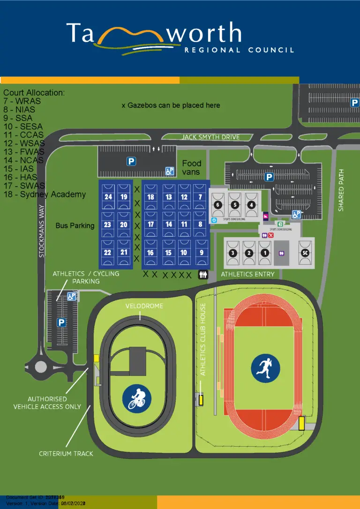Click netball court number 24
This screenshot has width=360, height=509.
(x=108, y=197)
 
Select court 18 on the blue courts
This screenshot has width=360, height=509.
(x=150, y=197)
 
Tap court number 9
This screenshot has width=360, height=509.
(x=202, y=252)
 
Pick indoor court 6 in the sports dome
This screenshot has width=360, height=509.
(x=217, y=205)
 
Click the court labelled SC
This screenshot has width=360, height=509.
(x=306, y=253)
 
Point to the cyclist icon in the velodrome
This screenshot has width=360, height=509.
(x=136, y=398)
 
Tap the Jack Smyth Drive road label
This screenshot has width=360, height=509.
(x=210, y=137)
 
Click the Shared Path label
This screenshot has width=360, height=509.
(x=341, y=190)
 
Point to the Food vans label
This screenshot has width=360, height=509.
(x=191, y=167)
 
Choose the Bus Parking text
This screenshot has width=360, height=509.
(x=75, y=225)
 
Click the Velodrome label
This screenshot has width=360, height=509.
(x=144, y=306)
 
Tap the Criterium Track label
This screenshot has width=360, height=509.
(x=66, y=454)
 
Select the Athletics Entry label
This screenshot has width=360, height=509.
(x=247, y=274)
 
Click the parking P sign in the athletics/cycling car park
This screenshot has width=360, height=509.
(x=61, y=322)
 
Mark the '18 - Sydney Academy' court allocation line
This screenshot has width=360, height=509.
(x=45, y=194)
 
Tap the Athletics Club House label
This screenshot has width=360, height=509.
(x=203, y=339)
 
